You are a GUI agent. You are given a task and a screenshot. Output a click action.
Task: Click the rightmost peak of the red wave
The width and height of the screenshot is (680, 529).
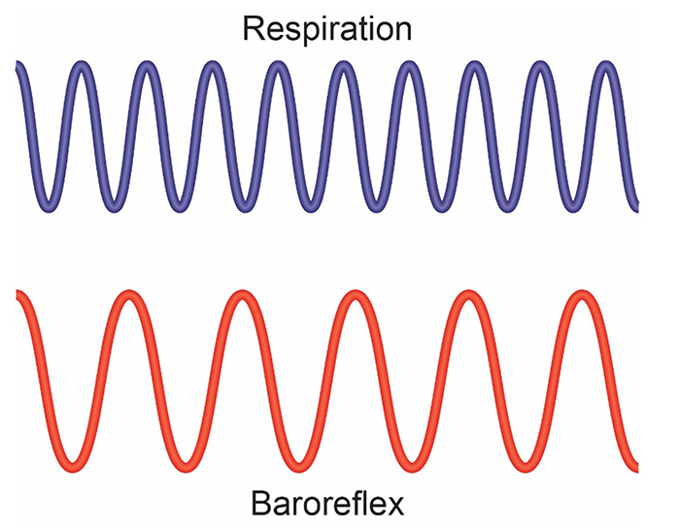tap(582, 295)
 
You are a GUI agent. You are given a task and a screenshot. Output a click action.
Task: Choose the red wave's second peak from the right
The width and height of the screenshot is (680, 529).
tap(468, 295)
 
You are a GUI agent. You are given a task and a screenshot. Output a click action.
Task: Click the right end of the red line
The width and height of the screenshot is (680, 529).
tap(636, 458)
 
